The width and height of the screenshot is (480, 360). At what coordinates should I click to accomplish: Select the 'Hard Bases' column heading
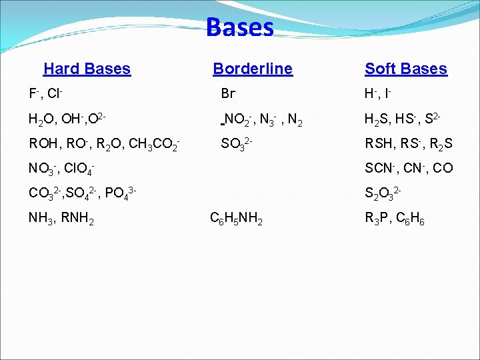[87, 69]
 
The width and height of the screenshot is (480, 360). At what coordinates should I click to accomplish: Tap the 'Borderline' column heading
[252, 69]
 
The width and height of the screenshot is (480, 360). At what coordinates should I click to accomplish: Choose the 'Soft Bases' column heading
[405, 69]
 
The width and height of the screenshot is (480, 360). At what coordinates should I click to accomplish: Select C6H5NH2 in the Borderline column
[236, 219]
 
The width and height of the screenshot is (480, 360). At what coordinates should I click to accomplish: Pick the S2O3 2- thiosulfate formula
[383, 194]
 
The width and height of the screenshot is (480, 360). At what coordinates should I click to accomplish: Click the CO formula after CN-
[442, 169]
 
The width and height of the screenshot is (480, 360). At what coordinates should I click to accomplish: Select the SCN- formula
[381, 169]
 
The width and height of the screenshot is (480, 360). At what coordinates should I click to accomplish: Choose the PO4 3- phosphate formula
[121, 194]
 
